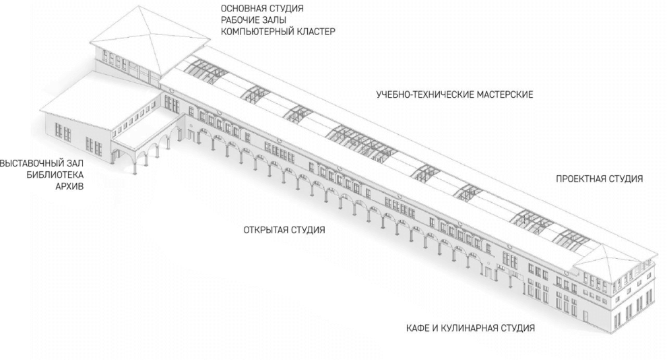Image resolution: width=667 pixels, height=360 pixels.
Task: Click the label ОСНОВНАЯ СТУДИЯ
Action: click(x=262, y=9)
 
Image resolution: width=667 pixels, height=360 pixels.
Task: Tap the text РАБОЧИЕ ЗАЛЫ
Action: click(x=253, y=20)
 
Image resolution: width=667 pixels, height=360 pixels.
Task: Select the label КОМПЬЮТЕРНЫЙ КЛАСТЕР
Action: click(x=278, y=32)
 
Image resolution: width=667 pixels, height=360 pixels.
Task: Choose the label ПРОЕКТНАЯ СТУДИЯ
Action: click(x=600, y=179)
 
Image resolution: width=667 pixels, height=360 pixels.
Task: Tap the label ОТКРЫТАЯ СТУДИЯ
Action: click(x=284, y=230)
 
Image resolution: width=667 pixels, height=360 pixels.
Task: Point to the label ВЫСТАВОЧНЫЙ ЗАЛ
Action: click(x=42, y=163)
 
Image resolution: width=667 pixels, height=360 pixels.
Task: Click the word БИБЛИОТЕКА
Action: click(x=55, y=175)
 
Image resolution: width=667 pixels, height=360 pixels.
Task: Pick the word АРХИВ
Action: click(x=70, y=186)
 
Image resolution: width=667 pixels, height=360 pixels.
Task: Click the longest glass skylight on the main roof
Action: click(x=361, y=142)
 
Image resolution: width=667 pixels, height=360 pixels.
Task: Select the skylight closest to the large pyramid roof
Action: click(x=204, y=71)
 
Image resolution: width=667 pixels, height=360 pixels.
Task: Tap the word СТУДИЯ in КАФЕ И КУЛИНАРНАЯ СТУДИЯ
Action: click(x=517, y=328)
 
